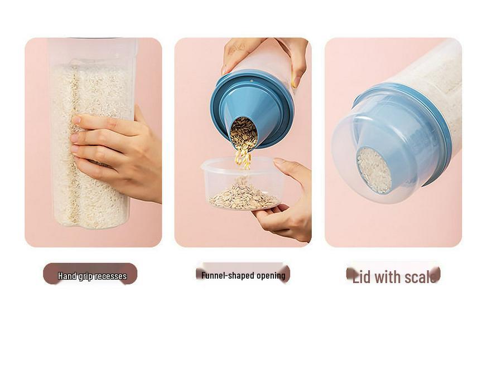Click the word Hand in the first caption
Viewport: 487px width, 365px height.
(67, 276)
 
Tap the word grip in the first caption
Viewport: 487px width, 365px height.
(85, 276)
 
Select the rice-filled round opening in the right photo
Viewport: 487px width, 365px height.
(374, 170)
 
